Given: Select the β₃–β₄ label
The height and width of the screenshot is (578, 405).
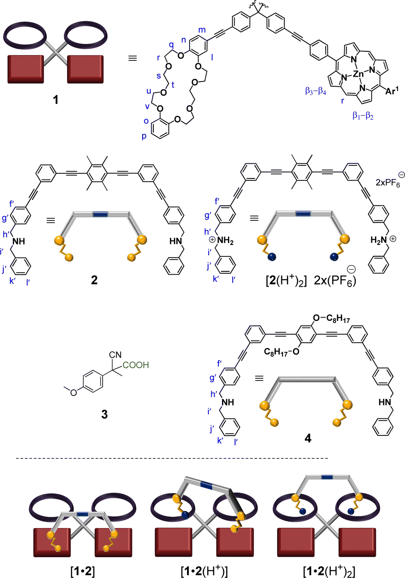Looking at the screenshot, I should click(315, 91).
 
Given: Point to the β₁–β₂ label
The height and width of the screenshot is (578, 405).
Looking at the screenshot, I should click(363, 115).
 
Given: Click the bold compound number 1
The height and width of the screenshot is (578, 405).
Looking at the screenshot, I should click(55, 100).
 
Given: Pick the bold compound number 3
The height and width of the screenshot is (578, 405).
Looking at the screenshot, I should click(104, 414).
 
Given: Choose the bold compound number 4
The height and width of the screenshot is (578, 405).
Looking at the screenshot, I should click(307, 438).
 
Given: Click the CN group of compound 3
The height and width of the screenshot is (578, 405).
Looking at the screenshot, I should click(115, 355).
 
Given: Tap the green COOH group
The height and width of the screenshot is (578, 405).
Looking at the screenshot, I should click(136, 365).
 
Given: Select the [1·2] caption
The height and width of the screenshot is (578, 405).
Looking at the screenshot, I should click(82, 570).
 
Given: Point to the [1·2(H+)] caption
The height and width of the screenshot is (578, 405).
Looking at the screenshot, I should click(204, 570).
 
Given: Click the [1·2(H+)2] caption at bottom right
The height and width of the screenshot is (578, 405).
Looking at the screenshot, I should click(329, 570).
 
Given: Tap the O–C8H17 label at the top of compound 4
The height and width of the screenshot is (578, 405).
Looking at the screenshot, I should click(331, 319).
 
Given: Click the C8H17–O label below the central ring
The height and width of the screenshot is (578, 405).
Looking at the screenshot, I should click(282, 352).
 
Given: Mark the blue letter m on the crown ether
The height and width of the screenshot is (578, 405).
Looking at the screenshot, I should click(202, 30).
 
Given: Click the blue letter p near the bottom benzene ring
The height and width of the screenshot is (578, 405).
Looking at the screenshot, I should click(144, 136).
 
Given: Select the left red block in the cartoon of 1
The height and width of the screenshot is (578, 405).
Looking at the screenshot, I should click(25, 69).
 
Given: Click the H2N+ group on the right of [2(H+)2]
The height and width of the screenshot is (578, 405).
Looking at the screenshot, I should click(382, 240).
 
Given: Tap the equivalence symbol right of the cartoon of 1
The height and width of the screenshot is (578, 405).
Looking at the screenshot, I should click(132, 58).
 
